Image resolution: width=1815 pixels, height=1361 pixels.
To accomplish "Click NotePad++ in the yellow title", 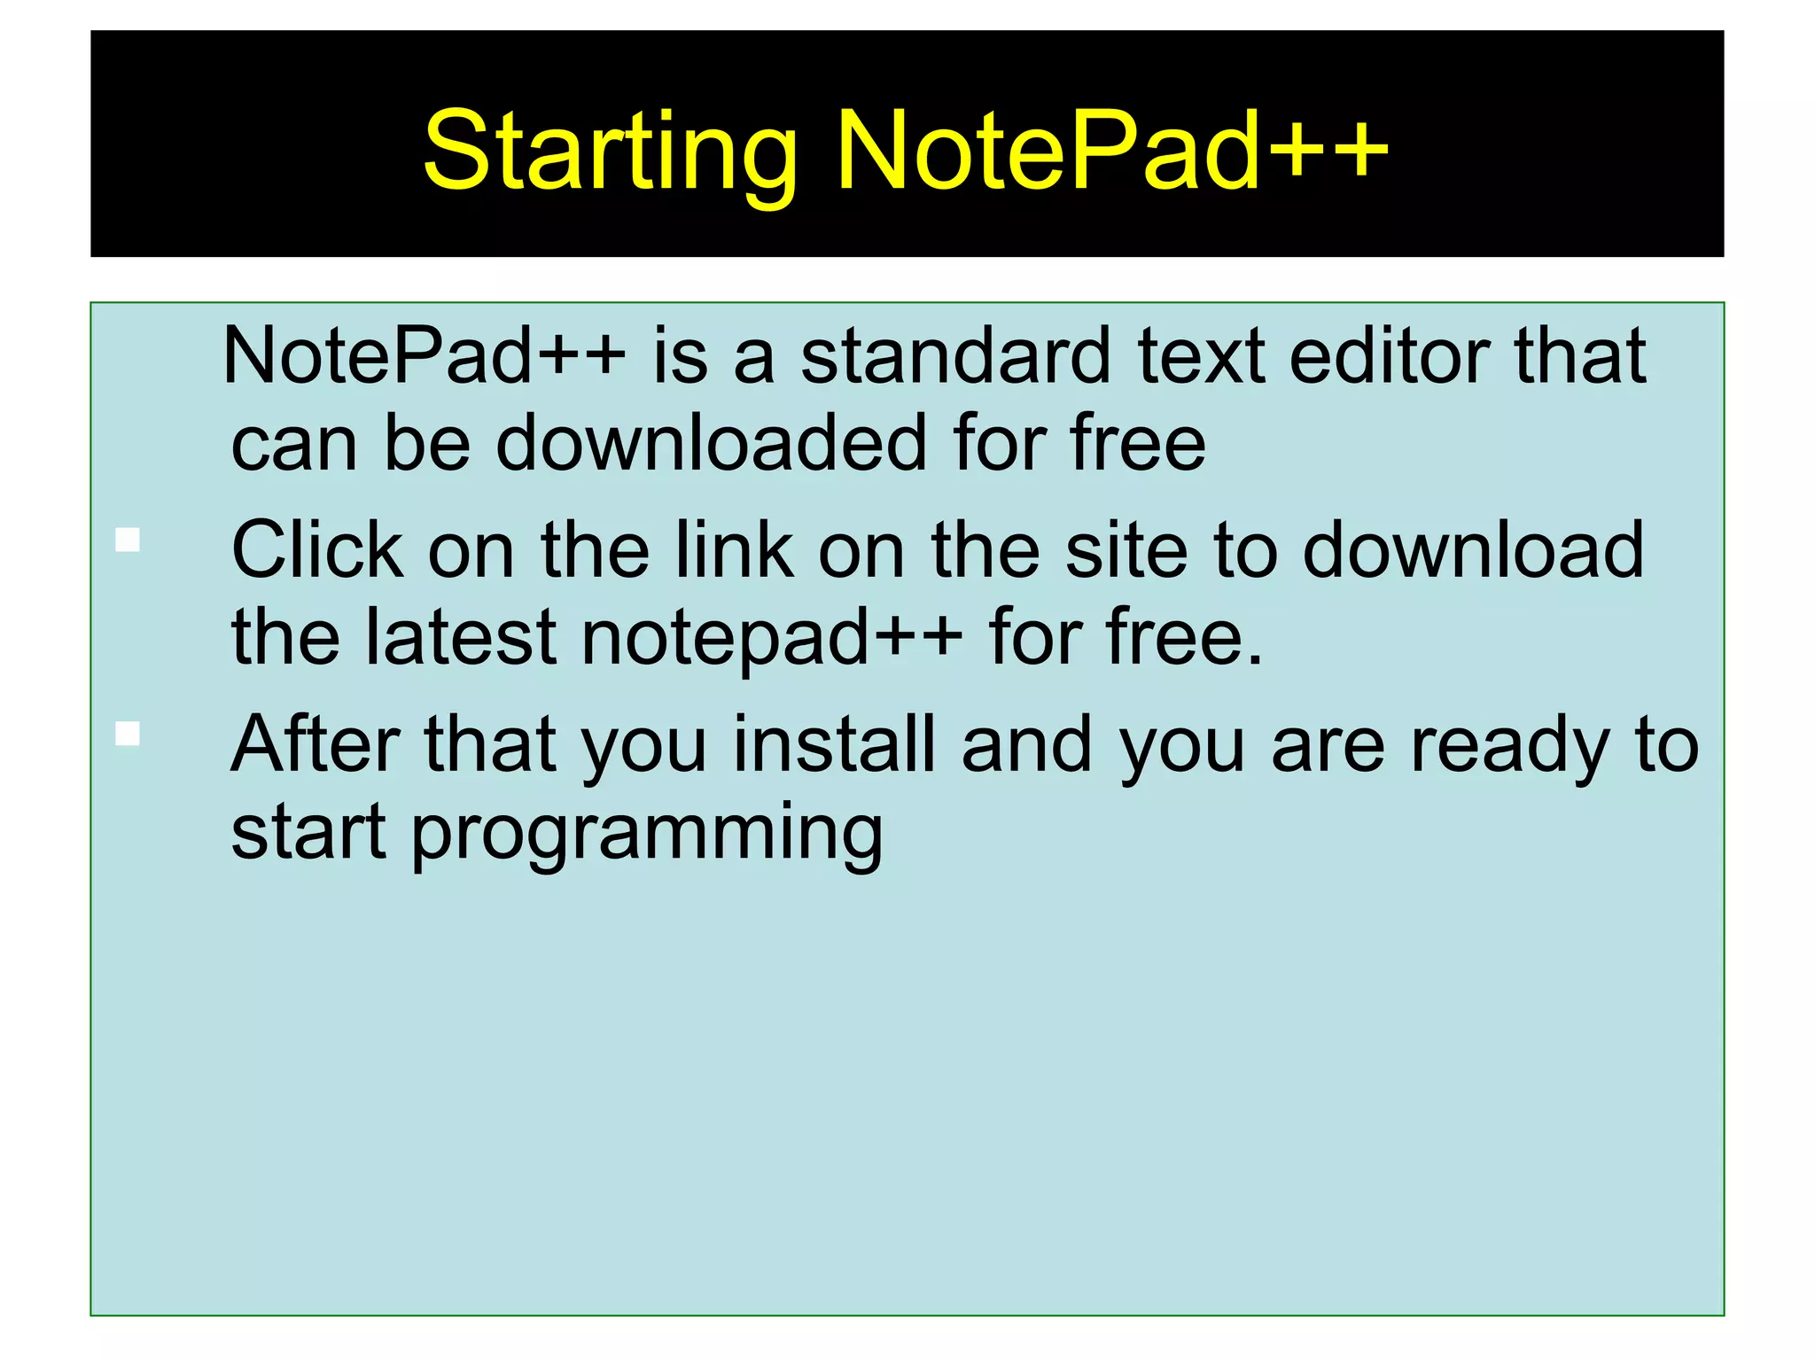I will tap(1111, 151).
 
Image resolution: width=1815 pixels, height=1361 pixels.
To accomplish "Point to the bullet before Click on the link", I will tap(128, 540).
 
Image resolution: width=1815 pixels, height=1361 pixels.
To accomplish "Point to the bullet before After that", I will tap(128, 734).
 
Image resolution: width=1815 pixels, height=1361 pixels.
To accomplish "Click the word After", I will tap(314, 745).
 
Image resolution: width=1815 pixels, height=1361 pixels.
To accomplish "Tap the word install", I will tap(834, 745).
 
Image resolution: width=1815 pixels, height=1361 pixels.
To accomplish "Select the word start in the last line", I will tap(308, 833).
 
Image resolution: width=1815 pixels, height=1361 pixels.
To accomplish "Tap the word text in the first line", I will tap(1201, 357).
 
